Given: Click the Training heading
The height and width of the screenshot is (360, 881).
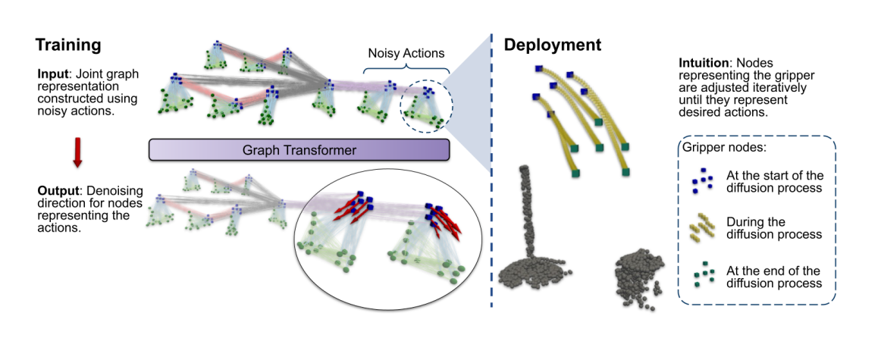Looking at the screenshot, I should (69, 45).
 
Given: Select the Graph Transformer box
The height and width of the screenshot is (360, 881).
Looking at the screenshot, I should (299, 149).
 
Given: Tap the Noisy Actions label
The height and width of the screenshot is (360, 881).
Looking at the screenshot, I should (406, 53).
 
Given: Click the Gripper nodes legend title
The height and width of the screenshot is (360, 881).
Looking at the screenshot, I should (720, 146).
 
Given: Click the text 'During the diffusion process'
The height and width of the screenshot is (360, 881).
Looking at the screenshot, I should (773, 228).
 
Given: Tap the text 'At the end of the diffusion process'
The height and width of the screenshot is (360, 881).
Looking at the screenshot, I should (773, 276).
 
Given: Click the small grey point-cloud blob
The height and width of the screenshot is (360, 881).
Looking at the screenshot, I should (637, 277).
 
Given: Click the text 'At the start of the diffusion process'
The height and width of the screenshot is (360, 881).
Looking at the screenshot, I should (773, 181).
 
